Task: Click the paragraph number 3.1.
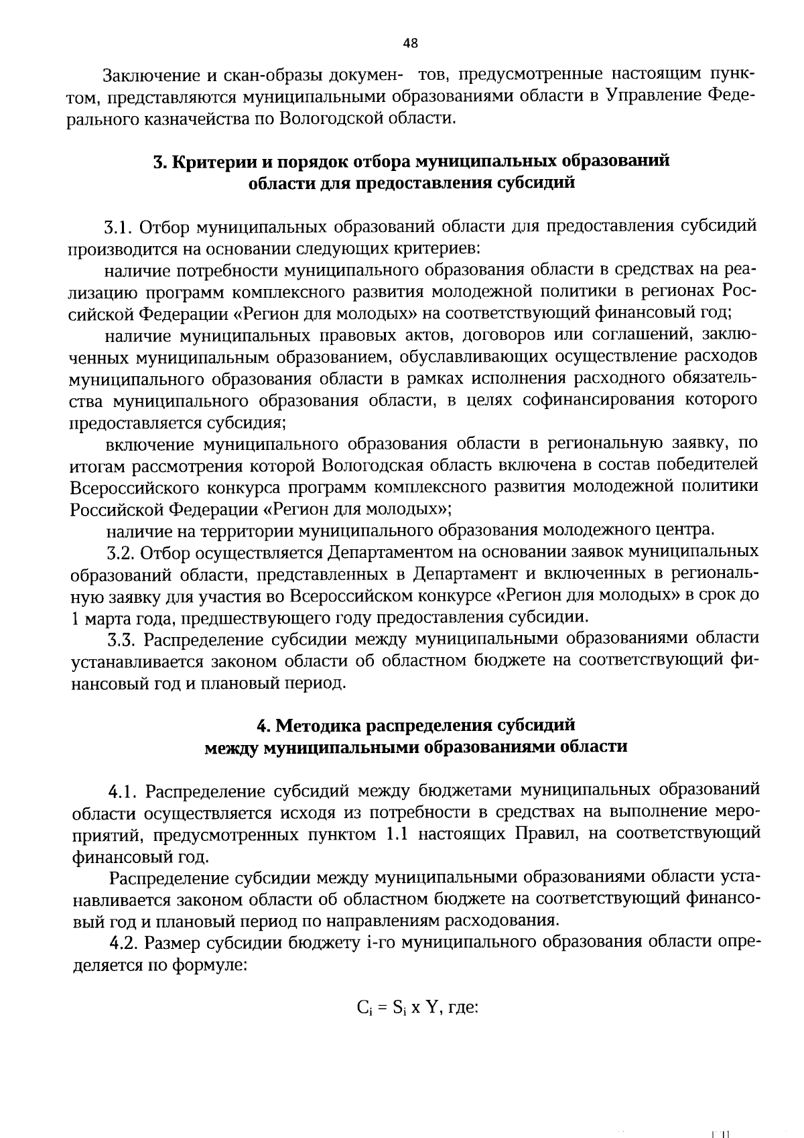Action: tap(120, 226)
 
